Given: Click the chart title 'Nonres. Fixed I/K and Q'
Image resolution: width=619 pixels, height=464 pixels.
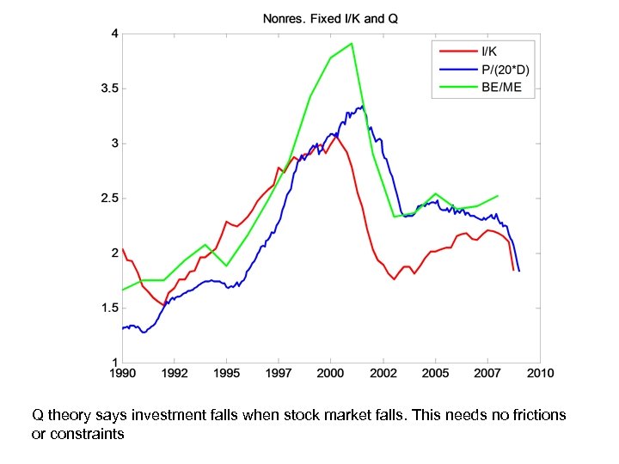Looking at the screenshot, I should (330, 19).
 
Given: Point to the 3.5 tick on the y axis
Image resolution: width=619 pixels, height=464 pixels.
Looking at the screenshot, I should (108, 89).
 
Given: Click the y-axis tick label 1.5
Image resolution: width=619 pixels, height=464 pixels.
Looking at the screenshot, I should (108, 308).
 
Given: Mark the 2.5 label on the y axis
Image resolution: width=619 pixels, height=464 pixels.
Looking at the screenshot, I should (108, 198).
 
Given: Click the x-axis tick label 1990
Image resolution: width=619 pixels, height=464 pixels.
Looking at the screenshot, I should (122, 374).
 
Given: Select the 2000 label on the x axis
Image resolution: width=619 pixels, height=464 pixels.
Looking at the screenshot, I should (330, 374).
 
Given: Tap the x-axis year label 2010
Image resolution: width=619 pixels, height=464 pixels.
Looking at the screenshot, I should (540, 374).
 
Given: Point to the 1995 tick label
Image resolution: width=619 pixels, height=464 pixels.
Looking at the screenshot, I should (226, 374).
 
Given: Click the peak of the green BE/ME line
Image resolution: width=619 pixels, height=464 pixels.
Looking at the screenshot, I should (352, 44).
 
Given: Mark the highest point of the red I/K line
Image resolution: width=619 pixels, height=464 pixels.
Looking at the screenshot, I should (335, 135).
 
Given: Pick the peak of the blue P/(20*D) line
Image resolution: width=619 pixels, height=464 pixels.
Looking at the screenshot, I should (361, 107).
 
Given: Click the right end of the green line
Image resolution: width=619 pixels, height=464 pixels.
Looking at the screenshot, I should (498, 196).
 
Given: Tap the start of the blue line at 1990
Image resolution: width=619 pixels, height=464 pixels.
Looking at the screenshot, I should (123, 328).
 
